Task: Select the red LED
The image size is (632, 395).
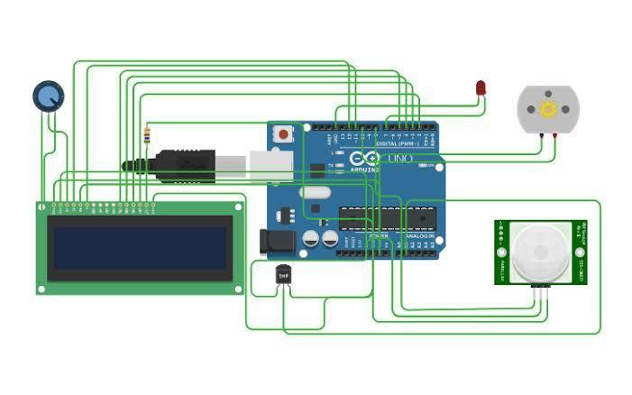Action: [x=481, y=87]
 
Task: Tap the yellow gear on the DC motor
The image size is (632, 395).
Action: [x=547, y=109]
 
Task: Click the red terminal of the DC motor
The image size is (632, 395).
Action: [x=554, y=135]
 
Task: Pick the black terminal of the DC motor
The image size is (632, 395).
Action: [x=541, y=135]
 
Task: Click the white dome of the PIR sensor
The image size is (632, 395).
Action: [x=540, y=253]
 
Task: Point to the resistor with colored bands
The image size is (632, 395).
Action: [x=147, y=136]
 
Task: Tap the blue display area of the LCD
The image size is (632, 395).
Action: [x=140, y=248]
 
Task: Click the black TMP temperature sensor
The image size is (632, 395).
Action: [x=283, y=274]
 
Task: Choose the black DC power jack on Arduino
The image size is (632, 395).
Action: [x=275, y=242]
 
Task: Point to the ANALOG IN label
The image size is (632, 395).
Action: [x=417, y=236]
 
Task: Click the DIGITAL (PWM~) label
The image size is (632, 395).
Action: [x=398, y=144]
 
